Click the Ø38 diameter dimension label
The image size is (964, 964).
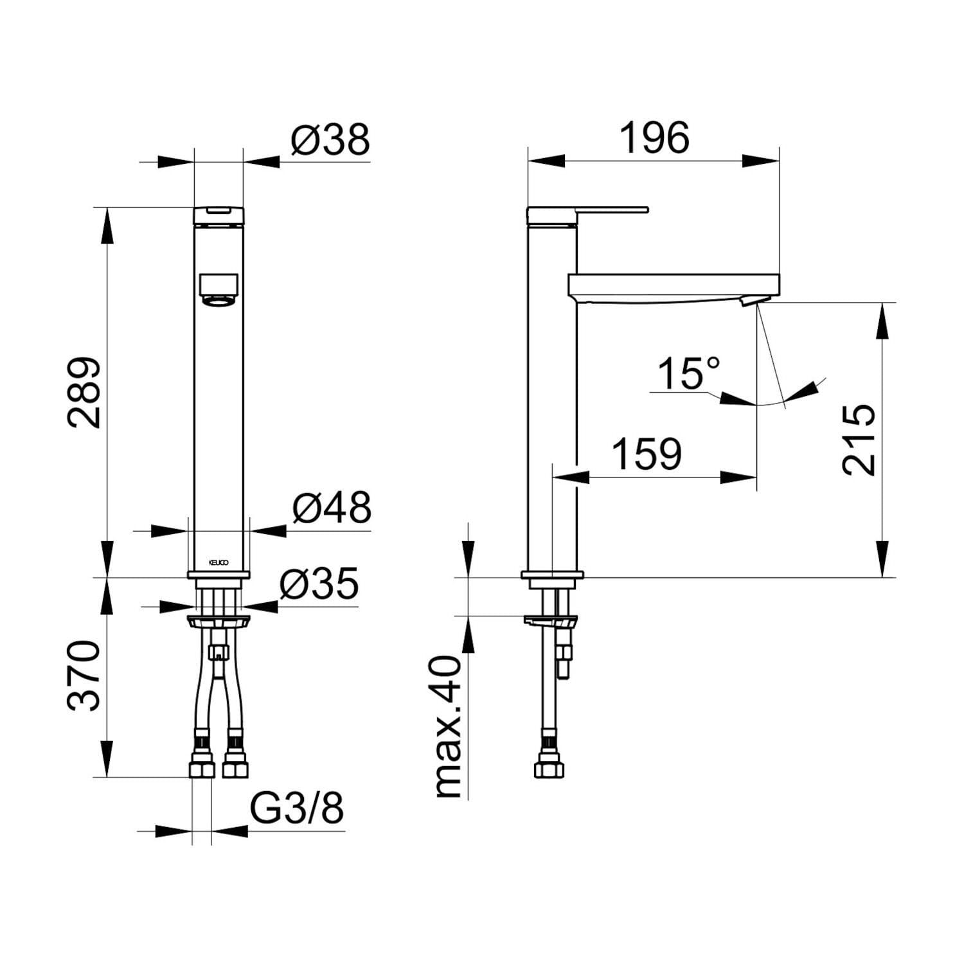pyautogui.click(x=330, y=139)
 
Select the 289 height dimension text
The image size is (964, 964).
pyautogui.click(x=85, y=393)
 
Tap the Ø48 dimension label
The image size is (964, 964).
pyautogui.click(x=332, y=508)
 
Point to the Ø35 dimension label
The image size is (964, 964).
pyautogui.click(x=319, y=585)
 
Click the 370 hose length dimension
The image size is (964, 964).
pyautogui.click(x=85, y=675)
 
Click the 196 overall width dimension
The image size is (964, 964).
pyautogui.click(x=654, y=138)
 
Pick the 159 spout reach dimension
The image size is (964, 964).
pyautogui.click(x=646, y=454)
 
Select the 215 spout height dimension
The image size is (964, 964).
pyautogui.click(x=859, y=440)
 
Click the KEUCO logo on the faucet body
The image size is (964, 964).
pyautogui.click(x=219, y=562)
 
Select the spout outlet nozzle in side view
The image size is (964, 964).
pyautogui.click(x=750, y=301)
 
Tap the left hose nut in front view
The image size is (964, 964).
pyautogui.click(x=202, y=769)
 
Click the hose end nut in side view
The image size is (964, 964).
pyautogui.click(x=551, y=769)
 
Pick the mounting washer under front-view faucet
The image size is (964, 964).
pyautogui.click(x=219, y=621)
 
